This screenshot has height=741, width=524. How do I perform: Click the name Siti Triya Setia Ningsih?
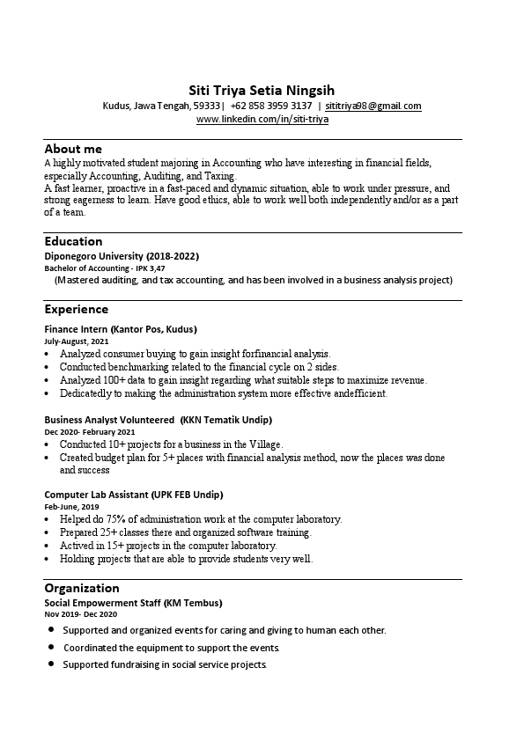(262, 90)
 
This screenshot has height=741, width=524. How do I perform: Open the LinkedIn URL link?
(262, 119)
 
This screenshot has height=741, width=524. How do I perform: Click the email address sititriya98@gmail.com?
(373, 106)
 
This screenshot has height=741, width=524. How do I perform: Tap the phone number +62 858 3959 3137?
(271, 106)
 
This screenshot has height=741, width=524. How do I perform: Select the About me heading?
(73, 149)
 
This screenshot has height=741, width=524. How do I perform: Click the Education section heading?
(73, 241)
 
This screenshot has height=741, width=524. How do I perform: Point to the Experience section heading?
(77, 309)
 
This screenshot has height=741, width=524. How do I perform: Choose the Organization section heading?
(81, 588)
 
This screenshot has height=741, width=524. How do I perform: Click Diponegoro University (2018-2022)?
(122, 256)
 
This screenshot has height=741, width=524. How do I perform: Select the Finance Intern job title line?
(121, 329)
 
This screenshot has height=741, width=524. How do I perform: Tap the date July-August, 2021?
(77, 341)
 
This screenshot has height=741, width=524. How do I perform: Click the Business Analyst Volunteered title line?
(159, 420)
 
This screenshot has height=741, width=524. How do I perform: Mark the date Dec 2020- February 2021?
(90, 432)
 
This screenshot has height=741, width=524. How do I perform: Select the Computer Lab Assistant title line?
(134, 495)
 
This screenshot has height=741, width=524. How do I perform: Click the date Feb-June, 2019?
(71, 507)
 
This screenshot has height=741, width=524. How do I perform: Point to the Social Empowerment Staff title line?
(133, 603)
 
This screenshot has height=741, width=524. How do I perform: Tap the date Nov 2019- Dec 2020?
(80, 614)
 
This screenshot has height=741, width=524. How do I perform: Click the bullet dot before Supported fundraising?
(51, 664)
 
